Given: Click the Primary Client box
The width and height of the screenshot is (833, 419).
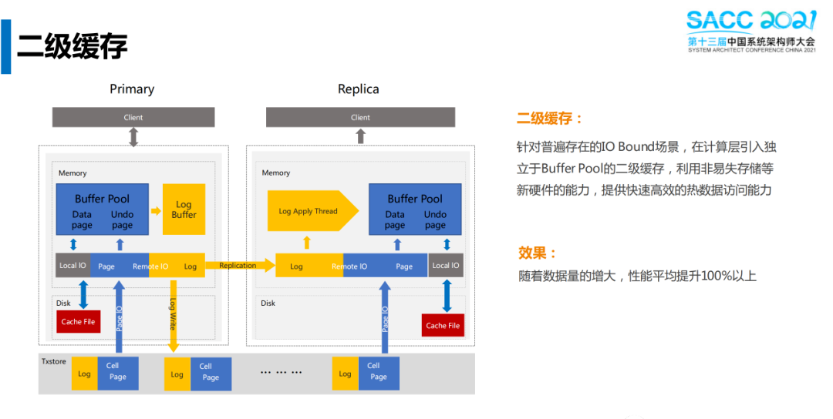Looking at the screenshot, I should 133,117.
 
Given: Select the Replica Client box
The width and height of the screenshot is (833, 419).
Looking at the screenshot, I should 360,117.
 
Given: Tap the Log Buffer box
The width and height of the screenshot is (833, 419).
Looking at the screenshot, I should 184,209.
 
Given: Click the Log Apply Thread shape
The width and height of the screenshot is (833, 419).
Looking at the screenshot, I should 309,211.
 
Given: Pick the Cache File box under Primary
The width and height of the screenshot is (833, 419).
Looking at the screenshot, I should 78,321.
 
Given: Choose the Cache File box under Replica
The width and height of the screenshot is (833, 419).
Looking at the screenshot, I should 443,325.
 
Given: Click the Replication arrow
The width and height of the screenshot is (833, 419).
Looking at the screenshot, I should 240,266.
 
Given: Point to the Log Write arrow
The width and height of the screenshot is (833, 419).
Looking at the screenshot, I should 172,312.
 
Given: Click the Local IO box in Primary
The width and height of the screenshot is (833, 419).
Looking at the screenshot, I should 73,266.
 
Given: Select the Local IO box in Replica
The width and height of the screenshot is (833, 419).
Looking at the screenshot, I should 446,266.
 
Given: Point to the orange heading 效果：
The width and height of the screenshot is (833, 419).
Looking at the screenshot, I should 538,253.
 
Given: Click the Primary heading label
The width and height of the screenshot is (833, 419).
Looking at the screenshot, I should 132,89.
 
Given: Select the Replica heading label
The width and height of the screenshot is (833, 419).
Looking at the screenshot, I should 359,89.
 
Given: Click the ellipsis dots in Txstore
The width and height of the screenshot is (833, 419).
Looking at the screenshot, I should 281,372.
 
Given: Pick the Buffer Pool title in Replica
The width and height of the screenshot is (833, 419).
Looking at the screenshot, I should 415,198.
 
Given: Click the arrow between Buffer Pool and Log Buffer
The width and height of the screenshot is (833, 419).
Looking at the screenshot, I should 154,210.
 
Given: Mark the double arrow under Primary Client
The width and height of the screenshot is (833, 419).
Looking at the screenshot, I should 133,137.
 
